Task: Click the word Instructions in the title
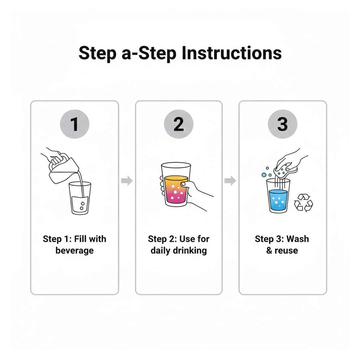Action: coord(231,53)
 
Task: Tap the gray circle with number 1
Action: coord(74,124)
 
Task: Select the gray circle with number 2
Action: coord(179,124)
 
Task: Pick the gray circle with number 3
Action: coord(282,124)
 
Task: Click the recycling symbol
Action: coord(303,202)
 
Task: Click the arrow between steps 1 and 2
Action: coord(127,181)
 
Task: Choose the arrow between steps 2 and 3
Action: coord(230,181)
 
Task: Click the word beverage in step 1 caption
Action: coord(75,250)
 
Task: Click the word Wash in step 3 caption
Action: coord(298,239)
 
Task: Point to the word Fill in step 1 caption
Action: coord(81,239)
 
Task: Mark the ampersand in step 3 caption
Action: coord(269,250)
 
